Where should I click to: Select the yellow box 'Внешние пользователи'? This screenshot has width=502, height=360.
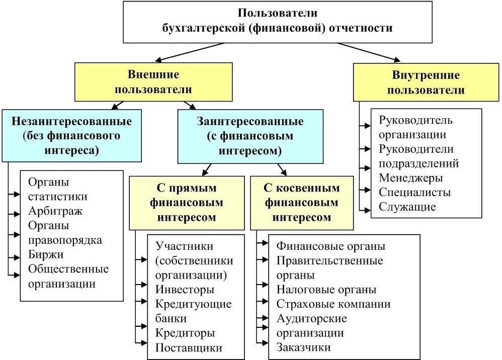coord(153,82)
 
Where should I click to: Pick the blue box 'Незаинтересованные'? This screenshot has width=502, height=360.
coord(71,136)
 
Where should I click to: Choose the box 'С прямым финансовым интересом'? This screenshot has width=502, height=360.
coord(187,203)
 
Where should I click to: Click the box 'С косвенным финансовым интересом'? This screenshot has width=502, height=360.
coord(302,203)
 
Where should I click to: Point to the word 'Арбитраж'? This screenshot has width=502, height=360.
coord(55,211)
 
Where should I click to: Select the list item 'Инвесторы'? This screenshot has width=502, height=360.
coord(185,290)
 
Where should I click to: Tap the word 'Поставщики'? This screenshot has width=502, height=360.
coord(189,347)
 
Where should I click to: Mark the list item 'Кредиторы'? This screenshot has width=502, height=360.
coord(185,333)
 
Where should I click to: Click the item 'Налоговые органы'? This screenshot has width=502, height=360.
coord(326,290)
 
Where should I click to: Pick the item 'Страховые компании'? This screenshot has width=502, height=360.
coord(333,304)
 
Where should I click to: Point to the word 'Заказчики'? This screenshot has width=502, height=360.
coord(304,347)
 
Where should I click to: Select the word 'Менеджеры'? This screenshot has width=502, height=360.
coord(411,178)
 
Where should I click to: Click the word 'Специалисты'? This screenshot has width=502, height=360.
coord(415,193)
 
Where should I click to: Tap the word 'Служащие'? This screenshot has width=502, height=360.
coord(407,207)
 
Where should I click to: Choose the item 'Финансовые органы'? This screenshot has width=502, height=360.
coord(331,246)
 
